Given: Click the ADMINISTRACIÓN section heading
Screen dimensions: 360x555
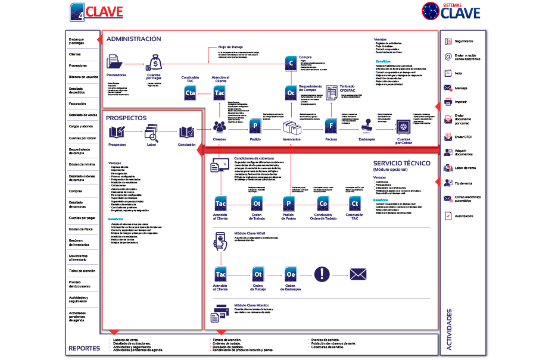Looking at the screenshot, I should tap(133, 39).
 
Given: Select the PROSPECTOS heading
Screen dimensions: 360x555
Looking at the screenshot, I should tap(126, 118).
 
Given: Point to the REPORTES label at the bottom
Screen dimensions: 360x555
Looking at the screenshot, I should tap(84, 348).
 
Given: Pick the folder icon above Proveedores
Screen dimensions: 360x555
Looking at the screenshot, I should tap(116, 62).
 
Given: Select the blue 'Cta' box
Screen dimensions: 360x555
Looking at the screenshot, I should tap(191, 93).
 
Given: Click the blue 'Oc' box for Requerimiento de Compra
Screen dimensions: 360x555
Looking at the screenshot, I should tap(291, 93).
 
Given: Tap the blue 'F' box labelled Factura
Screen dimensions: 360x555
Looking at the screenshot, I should tap(331, 127).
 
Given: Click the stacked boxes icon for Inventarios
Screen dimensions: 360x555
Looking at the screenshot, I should tap(292, 127).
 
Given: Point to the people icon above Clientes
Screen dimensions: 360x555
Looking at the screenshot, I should tap(219, 127).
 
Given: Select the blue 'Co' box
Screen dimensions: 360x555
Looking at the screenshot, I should tap(323, 204).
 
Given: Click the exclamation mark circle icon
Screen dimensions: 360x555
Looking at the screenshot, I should tap(322, 274).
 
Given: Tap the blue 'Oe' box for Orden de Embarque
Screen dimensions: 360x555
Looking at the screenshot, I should tap(291, 274).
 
